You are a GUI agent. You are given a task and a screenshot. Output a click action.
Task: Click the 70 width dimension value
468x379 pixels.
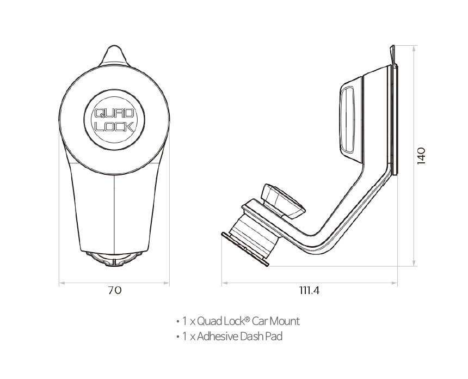tap(115, 290)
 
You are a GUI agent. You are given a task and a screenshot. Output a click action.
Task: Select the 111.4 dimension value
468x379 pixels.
tap(309, 290)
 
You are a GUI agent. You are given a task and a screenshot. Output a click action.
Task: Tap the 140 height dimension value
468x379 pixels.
tap(421, 156)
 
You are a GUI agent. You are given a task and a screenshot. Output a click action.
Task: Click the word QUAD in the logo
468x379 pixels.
tap(114, 113)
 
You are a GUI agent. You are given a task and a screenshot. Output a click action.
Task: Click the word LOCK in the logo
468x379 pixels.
tap(114, 126)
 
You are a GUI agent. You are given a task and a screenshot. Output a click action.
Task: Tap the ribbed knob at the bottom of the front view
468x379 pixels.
tap(114, 259)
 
